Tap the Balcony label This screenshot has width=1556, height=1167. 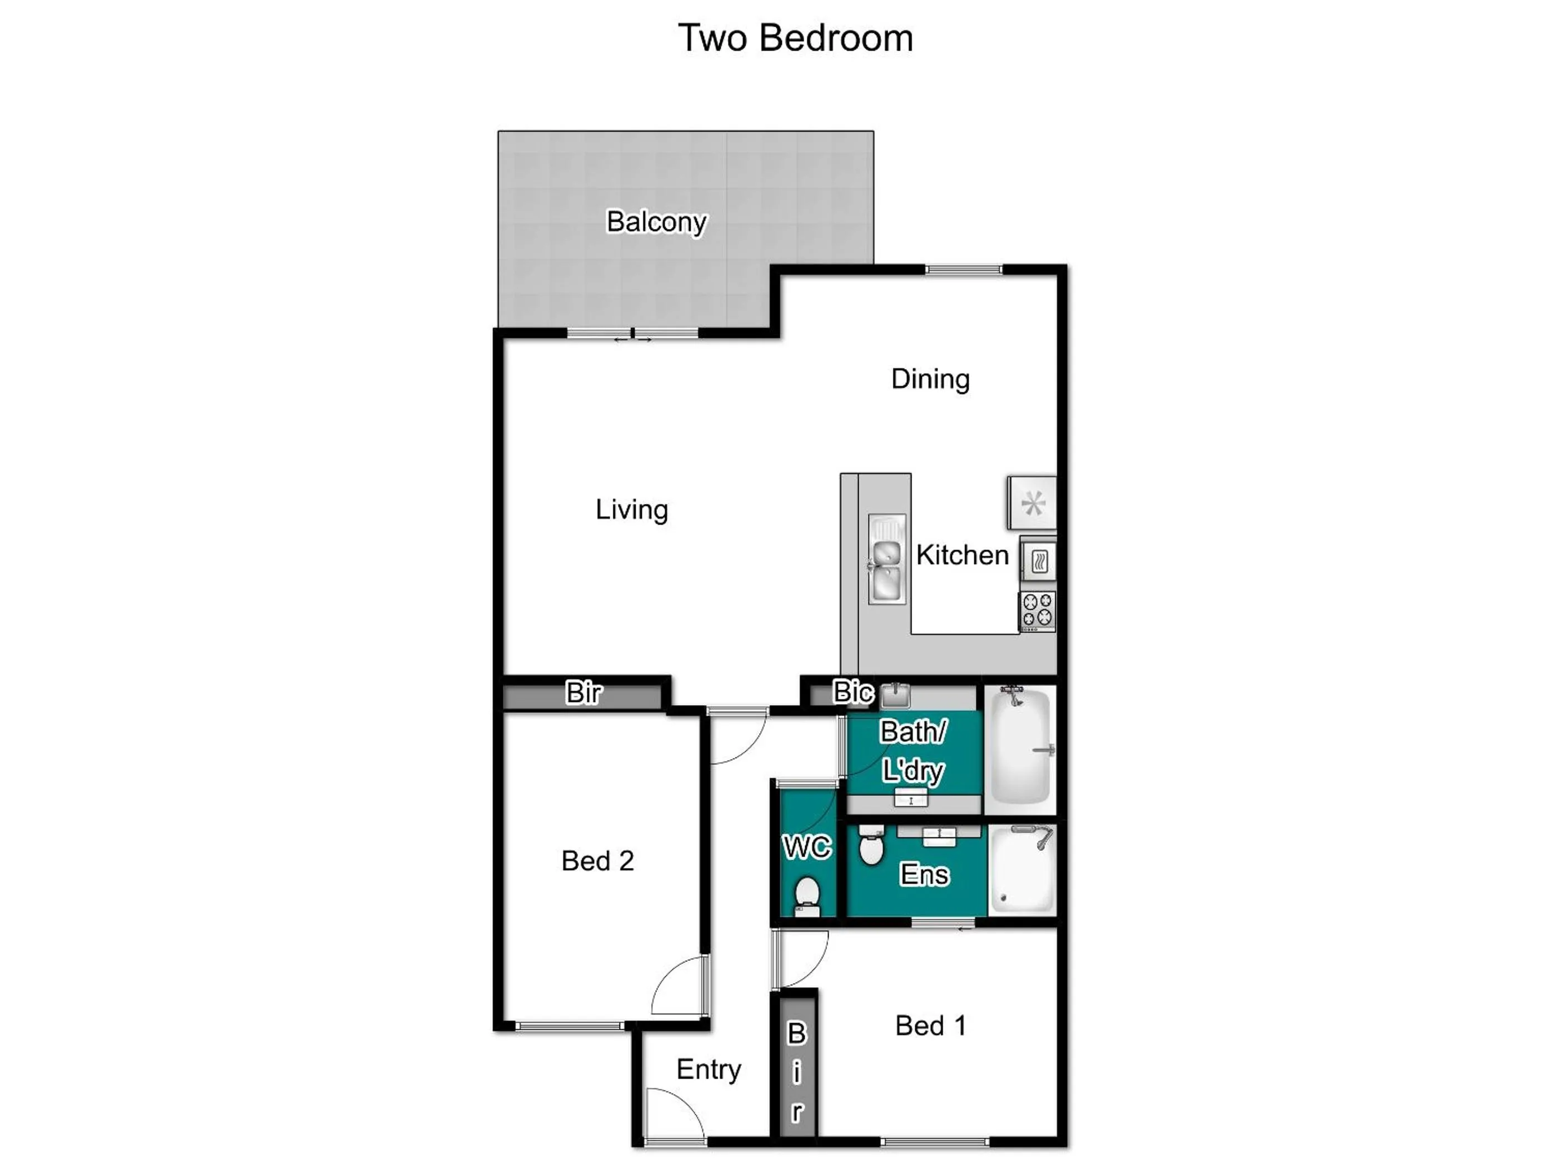656,222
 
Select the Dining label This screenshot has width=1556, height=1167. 930,379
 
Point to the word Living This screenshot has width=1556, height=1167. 631,509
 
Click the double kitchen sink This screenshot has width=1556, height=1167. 886,559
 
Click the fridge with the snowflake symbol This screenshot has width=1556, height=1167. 1032,503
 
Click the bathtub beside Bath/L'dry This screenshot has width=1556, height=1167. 1020,749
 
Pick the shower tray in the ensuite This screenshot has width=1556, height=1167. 1022,870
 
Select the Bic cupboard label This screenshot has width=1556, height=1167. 852,692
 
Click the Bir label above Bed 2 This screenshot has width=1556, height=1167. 583,693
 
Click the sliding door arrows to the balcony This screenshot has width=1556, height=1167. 632,340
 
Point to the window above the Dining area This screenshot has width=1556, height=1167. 963,270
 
